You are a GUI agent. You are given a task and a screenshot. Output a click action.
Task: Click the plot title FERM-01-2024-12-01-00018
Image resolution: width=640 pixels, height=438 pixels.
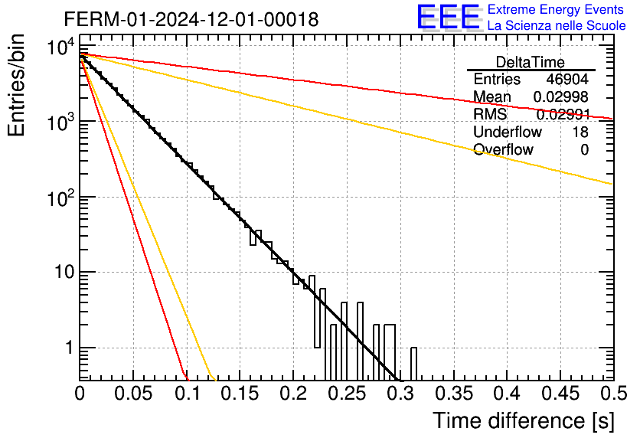click(191, 19)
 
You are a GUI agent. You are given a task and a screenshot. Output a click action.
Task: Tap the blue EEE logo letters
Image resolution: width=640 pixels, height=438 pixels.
click(449, 17)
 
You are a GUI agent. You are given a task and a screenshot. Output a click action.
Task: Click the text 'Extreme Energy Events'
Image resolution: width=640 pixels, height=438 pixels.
click(556, 9)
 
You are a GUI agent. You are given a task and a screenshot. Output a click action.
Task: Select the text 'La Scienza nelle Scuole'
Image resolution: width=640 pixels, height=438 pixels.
click(557, 25)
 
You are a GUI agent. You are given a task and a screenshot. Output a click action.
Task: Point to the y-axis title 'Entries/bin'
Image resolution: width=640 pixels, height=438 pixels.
click(16, 86)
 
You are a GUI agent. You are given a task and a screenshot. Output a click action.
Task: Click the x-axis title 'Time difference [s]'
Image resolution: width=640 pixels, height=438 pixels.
click(524, 421)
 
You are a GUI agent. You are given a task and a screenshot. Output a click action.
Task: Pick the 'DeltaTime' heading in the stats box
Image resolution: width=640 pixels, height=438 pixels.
click(531, 62)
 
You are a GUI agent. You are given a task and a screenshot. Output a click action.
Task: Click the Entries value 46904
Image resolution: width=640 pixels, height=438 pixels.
click(567, 79)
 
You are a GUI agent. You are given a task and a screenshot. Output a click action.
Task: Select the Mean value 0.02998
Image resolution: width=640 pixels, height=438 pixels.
click(561, 96)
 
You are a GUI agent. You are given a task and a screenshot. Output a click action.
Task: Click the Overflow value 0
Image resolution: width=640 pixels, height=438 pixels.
click(584, 149)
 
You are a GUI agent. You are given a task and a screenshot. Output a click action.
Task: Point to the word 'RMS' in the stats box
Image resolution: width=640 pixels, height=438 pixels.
click(490, 114)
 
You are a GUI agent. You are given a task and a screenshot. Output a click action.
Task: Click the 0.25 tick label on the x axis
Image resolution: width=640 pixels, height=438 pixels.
click(348, 394)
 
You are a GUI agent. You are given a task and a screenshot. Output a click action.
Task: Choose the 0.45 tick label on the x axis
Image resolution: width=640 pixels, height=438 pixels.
click(561, 394)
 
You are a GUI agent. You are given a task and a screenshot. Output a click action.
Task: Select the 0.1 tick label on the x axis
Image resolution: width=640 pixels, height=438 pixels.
click(188, 394)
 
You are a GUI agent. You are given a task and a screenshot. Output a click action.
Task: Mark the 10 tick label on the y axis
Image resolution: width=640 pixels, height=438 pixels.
click(64, 272)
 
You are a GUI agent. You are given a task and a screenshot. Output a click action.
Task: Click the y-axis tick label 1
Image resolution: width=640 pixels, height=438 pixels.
click(69, 348)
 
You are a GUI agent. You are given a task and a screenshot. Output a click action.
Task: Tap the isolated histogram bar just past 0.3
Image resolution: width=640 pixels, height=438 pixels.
click(413, 364)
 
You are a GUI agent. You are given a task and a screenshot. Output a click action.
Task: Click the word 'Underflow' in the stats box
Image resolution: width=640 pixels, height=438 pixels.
click(508, 132)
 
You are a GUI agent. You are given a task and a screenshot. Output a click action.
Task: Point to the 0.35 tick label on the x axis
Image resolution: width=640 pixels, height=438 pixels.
click(454, 394)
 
